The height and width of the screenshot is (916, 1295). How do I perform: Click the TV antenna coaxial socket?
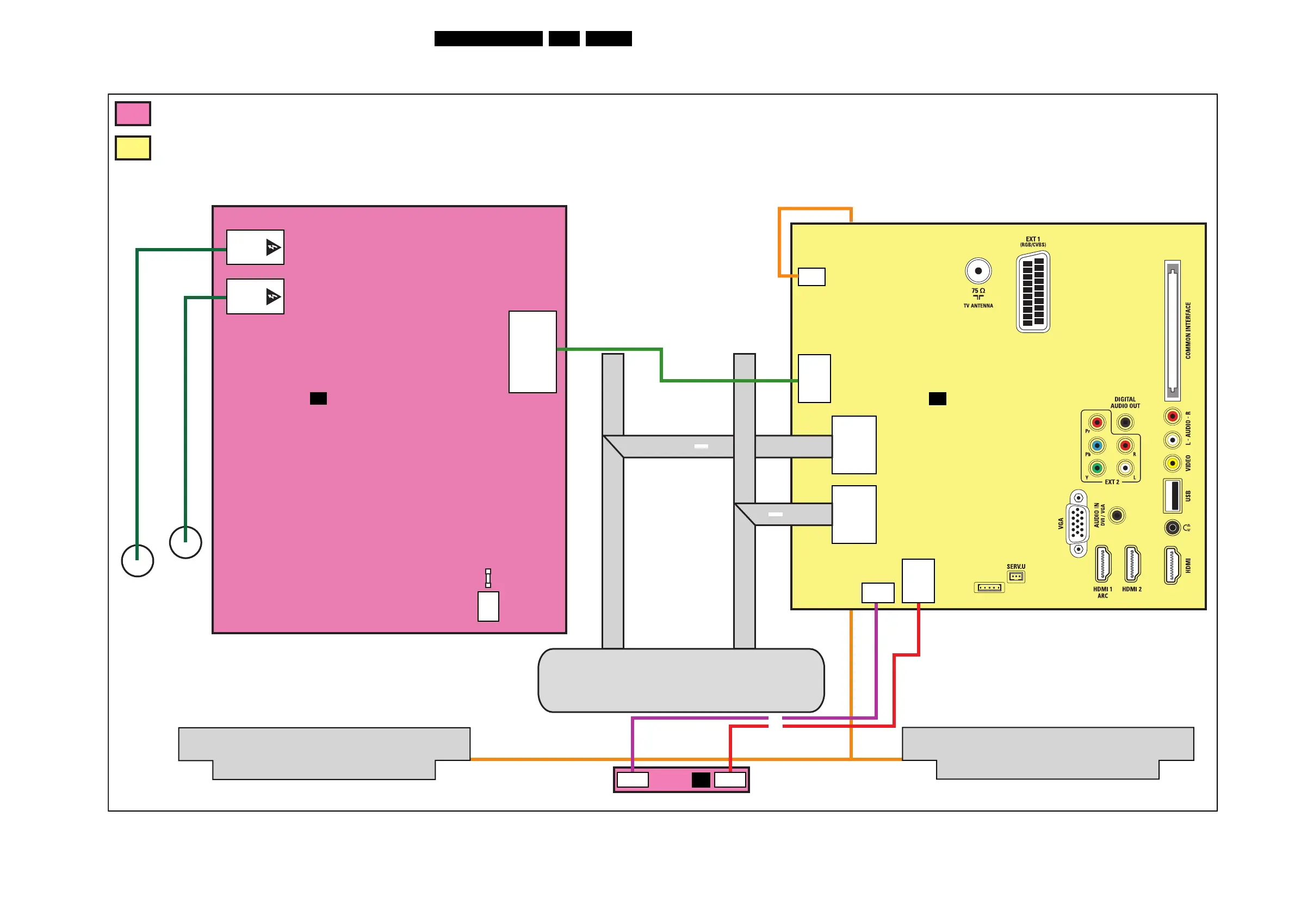978,271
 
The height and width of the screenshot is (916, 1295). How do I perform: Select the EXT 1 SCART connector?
1033,292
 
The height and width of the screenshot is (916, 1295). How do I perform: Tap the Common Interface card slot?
1173,331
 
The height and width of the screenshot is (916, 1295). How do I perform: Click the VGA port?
1078,523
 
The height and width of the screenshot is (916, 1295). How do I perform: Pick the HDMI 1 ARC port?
1102,564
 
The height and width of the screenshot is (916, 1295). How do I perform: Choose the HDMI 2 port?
1132,564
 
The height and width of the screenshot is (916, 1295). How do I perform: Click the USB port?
1173,496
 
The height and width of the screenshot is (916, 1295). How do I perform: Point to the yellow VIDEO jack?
1173,463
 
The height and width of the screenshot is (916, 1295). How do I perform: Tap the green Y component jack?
1097,468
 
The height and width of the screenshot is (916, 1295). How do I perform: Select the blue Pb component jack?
1097,445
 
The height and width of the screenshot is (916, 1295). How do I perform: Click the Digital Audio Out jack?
1125,423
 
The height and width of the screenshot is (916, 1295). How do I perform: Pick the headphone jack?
1173,528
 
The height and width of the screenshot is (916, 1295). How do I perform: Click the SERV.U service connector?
1016,577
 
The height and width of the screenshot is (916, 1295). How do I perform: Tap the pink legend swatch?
133,113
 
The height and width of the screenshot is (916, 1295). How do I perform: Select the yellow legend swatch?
133,148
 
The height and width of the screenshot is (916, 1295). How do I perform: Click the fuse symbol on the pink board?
488,578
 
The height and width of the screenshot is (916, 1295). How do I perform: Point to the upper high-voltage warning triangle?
273,247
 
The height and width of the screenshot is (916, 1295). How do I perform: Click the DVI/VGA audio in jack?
1117,515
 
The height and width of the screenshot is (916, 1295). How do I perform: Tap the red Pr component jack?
1097,423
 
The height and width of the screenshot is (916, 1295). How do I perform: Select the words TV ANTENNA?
978,306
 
